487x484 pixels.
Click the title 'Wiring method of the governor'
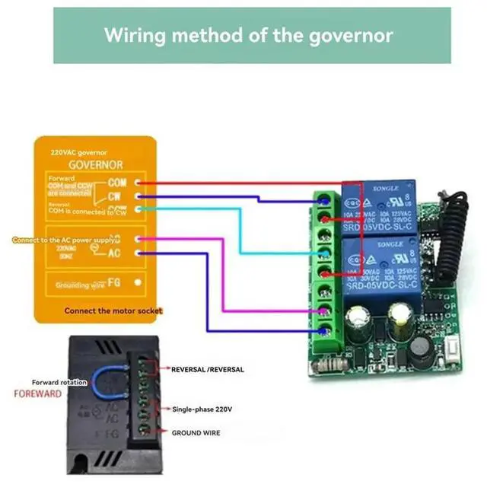click(x=249, y=35)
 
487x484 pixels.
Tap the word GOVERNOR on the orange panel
click(x=96, y=164)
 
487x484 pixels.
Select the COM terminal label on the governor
click(x=117, y=183)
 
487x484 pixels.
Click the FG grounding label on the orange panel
click(x=117, y=284)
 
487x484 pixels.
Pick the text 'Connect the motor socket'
click(x=113, y=311)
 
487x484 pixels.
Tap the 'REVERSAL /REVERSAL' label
click(x=208, y=369)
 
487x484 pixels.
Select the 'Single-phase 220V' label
click(x=203, y=409)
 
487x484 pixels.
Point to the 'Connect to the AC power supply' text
click(x=65, y=240)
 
